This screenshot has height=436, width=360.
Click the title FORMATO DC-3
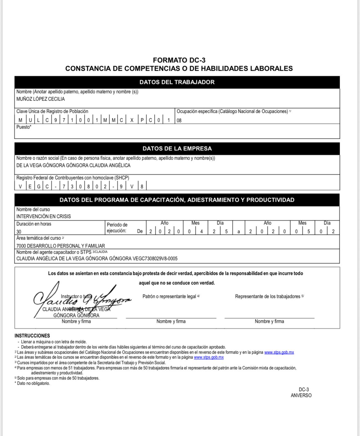pos(179,60)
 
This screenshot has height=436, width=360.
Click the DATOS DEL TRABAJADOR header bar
pos(177,82)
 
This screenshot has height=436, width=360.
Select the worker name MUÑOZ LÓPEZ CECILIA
pos(41,99)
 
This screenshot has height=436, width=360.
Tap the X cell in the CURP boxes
pos(132,120)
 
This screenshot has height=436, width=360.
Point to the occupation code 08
pos(179,121)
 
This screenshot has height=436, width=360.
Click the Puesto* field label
pos(24,127)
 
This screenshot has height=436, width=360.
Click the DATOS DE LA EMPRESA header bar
pos(177,149)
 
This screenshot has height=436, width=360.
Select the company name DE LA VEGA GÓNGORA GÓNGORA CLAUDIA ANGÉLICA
pos(73,165)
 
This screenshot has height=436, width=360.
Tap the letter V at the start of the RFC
pos(20,187)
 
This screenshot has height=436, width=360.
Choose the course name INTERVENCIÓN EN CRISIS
pos(43,216)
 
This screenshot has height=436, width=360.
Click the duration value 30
pos(19,232)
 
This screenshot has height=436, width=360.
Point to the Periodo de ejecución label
pos(117,228)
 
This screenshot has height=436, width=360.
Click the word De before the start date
pos(140,232)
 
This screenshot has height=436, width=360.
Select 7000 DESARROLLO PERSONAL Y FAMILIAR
pos(61,246)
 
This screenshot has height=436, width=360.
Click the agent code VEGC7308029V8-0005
pos(155,259)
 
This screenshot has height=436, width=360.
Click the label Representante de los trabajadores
pos(268,296)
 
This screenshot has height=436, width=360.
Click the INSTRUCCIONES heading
pos(32,336)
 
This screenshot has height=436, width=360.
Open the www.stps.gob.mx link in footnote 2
pos(209,357)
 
